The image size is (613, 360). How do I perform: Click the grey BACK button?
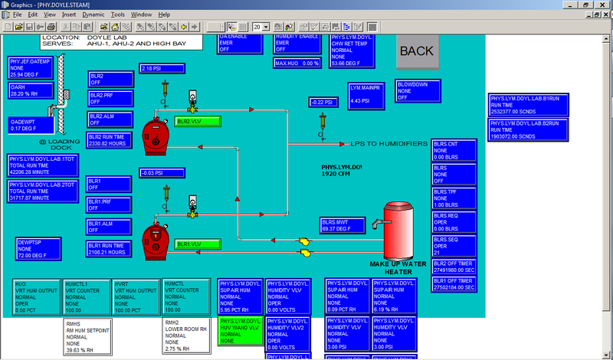click(x=417, y=51)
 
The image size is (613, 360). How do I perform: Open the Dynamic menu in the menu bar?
click(x=93, y=15)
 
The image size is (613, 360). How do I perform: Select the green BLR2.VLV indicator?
click(x=197, y=121)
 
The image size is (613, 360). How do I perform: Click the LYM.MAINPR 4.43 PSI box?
click(x=364, y=94)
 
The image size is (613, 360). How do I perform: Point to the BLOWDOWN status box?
click(x=417, y=90)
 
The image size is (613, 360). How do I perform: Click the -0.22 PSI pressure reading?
click(x=323, y=102)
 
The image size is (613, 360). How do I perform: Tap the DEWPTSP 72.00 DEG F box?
click(x=38, y=249)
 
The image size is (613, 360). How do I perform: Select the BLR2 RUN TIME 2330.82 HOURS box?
click(x=109, y=139)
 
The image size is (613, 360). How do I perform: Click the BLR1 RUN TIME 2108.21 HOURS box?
click(x=109, y=248)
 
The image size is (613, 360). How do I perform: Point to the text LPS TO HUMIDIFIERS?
click(x=385, y=143)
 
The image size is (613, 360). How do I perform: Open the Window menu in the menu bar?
click(x=141, y=15)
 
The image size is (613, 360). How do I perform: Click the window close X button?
click(x=605, y=4)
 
